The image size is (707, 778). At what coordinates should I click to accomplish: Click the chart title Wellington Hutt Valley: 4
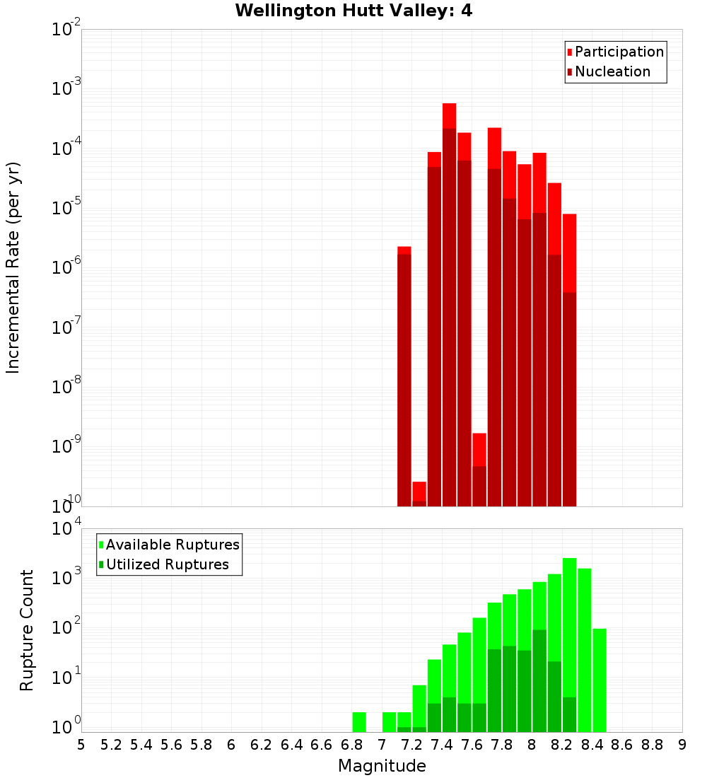click(353, 11)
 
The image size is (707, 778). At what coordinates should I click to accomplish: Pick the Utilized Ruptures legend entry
click(167, 564)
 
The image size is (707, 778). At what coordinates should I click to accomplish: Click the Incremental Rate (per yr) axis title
click(13, 267)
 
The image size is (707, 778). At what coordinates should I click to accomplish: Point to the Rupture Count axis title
click(27, 630)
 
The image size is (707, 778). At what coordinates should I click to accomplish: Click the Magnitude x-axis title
click(382, 766)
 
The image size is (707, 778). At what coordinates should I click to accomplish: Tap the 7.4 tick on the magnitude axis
click(442, 745)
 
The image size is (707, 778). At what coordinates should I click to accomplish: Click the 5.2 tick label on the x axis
click(111, 745)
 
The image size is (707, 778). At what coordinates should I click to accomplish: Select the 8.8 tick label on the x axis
click(652, 745)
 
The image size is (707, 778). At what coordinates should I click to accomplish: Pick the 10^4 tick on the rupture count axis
click(66, 529)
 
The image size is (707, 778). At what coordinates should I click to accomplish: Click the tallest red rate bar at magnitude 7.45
click(449, 304)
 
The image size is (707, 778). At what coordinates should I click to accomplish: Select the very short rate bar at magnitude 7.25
click(419, 494)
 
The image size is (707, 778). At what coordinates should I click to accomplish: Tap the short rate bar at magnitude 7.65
click(479, 470)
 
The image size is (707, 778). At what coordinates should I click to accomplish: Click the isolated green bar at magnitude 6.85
click(359, 722)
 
